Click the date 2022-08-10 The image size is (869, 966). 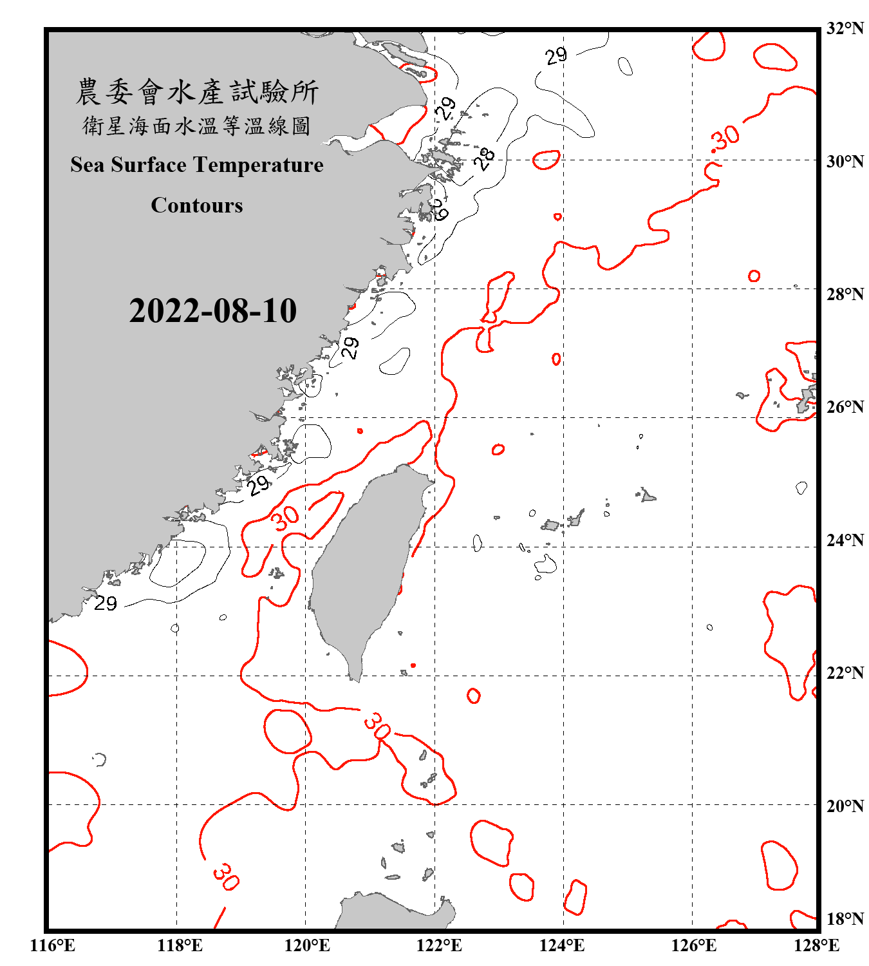pos(212,310)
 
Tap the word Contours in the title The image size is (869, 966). pos(196,205)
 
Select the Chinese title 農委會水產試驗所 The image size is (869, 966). pos(196,92)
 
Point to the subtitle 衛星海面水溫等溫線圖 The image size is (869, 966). pos(196,126)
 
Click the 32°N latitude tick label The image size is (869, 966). pos(845,28)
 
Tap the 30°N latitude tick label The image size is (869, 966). pos(845,161)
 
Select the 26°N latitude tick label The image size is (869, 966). pos(845,407)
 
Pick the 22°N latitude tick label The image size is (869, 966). pos(845,673)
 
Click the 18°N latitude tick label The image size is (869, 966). pos(845,919)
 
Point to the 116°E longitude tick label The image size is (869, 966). pos(52,945)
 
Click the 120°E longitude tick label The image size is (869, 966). pos(307,945)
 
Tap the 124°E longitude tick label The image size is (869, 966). pos(562,945)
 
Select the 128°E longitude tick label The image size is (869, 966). pos(816,945)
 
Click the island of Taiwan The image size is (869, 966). pos(367,560)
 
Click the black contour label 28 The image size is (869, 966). pos(485,158)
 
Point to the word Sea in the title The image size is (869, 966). pos(88,165)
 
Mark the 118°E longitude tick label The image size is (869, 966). pos(180,945)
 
